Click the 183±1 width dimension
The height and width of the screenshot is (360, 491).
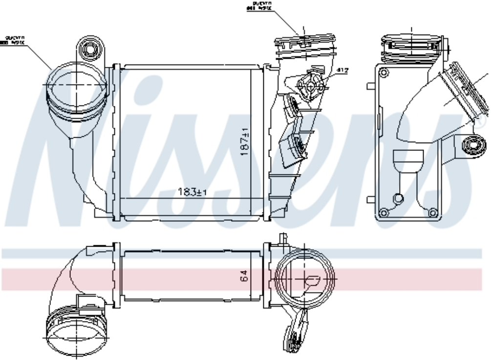click(193, 192)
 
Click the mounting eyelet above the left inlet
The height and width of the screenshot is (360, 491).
click(90, 49)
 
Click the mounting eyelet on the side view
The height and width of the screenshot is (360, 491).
click(472, 145)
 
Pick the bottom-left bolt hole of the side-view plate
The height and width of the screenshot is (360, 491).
click(384, 212)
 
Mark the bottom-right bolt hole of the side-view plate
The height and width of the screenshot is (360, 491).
click(432, 212)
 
